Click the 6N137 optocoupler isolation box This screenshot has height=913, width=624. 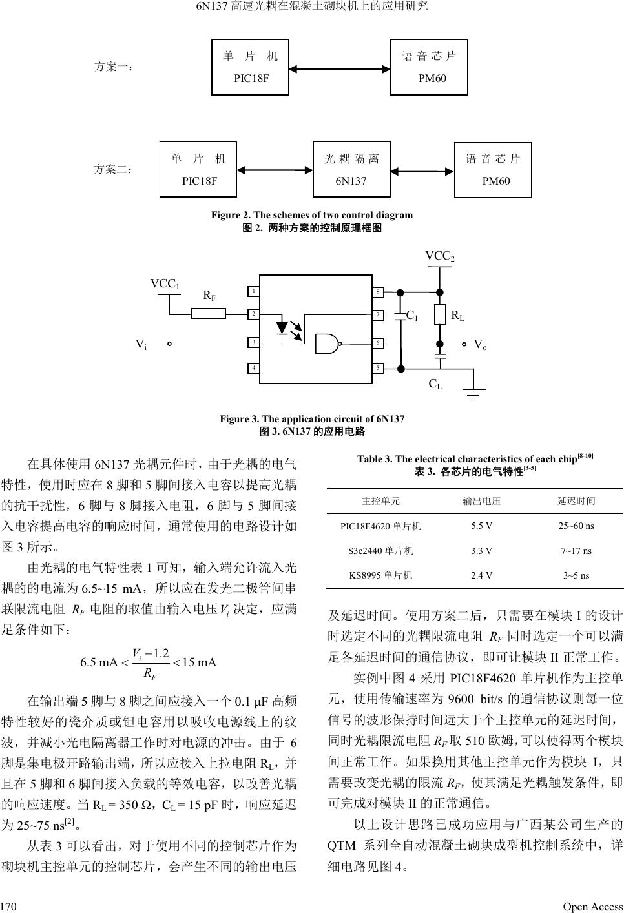(x=351, y=169)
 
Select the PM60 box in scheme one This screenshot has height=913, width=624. (x=430, y=67)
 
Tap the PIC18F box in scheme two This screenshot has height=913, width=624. (x=199, y=169)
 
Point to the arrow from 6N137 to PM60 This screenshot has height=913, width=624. (x=422, y=171)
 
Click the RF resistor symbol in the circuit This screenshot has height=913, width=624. (x=209, y=314)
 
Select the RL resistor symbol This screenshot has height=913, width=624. (x=441, y=314)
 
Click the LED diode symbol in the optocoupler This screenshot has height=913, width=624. (x=282, y=328)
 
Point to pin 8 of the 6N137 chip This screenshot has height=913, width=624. (x=378, y=292)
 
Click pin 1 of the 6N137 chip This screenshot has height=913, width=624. (x=255, y=292)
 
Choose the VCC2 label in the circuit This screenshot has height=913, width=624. (x=439, y=256)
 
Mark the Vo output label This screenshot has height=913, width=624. (x=480, y=345)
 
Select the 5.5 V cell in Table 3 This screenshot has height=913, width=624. (x=481, y=526)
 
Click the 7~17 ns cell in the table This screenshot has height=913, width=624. (x=576, y=551)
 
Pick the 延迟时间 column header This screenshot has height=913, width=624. (x=576, y=500)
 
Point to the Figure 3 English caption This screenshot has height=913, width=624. (x=312, y=420)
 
